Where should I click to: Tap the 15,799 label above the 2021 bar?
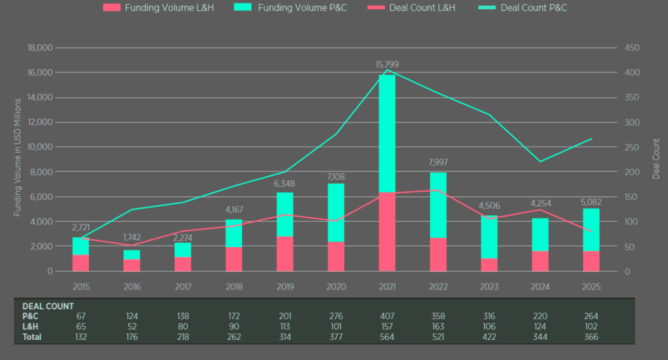387,65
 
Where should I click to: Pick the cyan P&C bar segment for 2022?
438,205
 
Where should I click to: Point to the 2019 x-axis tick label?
285,286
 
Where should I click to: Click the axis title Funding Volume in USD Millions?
18,157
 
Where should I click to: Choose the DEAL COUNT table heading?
48,306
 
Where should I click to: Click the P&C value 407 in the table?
387,316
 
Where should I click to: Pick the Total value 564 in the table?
387,337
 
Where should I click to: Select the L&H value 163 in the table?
438,327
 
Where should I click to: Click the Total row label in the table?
32,337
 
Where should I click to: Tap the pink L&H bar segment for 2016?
132,265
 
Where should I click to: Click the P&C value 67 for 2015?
81,316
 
